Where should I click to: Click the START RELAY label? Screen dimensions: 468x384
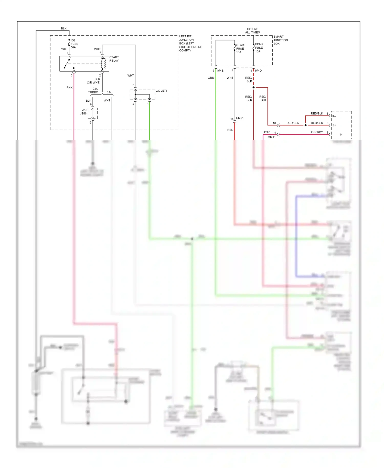coord(114,59)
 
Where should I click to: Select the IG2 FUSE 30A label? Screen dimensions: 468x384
coord(74,44)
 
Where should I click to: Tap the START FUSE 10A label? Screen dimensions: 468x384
coord(240,48)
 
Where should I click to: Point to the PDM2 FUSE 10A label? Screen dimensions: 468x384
coord(259,48)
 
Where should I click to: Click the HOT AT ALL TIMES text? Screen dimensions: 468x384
coord(252,31)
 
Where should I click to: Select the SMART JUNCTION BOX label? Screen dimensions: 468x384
coord(280,40)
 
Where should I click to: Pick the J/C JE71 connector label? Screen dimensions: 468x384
coord(161,91)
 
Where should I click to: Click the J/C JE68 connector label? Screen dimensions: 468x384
coord(84,112)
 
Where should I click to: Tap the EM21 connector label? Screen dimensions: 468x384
coord(240,118)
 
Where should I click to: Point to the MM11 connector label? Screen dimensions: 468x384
coord(271,137)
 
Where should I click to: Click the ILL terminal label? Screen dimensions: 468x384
coord(334,116)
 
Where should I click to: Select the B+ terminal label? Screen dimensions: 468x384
coord(334,125)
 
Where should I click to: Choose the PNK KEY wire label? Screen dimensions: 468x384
coord(316,132)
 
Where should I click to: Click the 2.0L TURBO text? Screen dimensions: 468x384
coord(93,91)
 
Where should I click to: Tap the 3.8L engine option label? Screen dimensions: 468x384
coord(109,92)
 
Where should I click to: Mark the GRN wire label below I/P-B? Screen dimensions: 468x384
coord(211,78)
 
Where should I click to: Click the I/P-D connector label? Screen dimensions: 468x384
coord(258,71)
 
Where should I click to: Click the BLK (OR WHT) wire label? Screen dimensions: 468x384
coord(94,81)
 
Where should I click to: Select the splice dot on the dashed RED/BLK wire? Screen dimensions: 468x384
coord(253,88)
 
